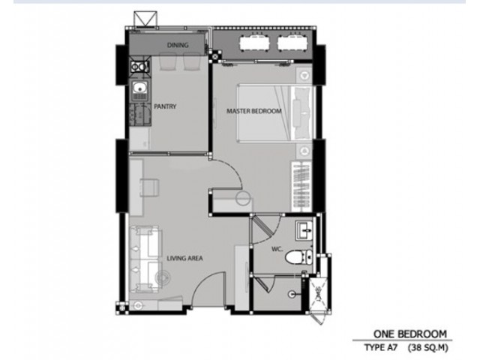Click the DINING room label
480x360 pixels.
pyautogui.click(x=178, y=45)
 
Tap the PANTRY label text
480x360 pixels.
pyautogui.click(x=165, y=106)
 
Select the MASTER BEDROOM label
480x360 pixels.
pyautogui.click(x=253, y=111)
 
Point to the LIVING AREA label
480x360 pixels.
pyautogui.click(x=184, y=258)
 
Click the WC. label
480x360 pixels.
pyautogui.click(x=277, y=249)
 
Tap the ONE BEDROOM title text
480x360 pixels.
pyautogui.click(x=410, y=334)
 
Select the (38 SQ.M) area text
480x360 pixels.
pyautogui.click(x=428, y=348)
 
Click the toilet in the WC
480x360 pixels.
pyautogui.click(x=298, y=256)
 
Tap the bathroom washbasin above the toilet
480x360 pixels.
pyautogui.click(x=304, y=230)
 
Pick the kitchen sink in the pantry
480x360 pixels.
pyautogui.click(x=140, y=91)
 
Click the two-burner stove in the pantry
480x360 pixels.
pyautogui.click(x=139, y=66)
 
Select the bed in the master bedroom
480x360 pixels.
pyautogui.click(x=275, y=113)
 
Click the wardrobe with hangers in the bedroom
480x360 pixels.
pyautogui.click(x=301, y=186)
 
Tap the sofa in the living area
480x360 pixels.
pyautogui.click(x=145, y=259)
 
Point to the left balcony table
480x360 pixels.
pyautogui.click(x=255, y=43)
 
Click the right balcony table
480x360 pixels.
pyautogui.click(x=292, y=43)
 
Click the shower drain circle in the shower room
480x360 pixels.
pyautogui.click(x=292, y=294)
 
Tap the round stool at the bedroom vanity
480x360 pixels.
pyautogui.click(x=244, y=198)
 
